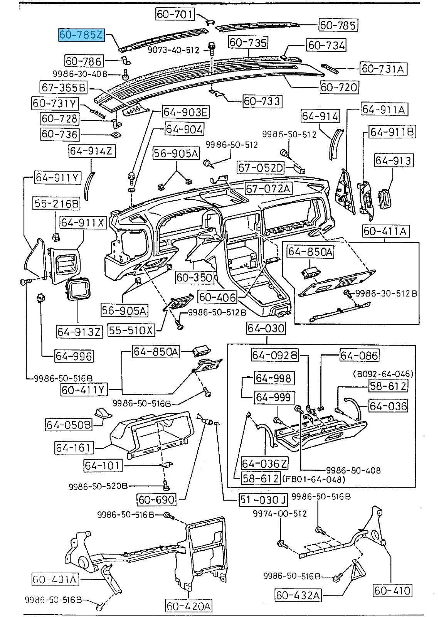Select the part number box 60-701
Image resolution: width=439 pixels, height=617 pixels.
click(175, 14)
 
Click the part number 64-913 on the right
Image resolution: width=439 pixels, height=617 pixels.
click(394, 160)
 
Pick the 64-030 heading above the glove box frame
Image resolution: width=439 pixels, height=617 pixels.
click(266, 328)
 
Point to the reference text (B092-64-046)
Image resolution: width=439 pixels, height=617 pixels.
click(383, 374)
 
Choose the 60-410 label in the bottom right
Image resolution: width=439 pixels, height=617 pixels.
click(392, 590)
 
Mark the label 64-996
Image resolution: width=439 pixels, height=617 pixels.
click(74, 356)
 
